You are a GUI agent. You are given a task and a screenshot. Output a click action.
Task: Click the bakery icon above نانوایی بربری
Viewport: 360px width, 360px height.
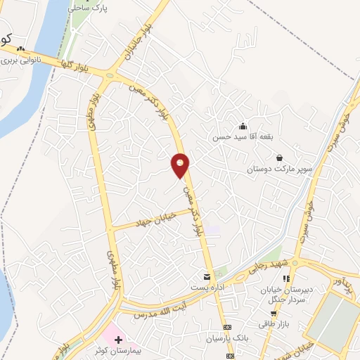tap(21, 50)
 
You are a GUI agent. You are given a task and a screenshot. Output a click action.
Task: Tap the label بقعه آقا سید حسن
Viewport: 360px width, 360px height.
tap(242, 137)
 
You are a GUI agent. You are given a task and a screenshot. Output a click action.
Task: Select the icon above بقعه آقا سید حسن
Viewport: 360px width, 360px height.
tap(243, 127)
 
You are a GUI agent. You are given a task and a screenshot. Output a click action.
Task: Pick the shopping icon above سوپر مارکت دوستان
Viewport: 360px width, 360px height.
tap(280, 158)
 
